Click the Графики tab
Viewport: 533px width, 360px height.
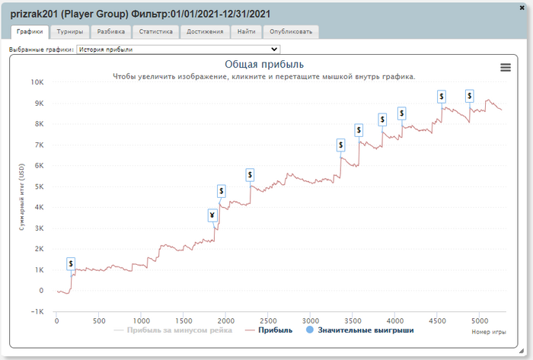pos(30,32)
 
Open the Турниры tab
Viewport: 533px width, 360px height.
pos(70,32)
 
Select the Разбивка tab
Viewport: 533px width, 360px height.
pos(111,32)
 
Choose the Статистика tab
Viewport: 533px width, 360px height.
pos(156,32)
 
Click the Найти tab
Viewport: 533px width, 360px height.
pos(247,32)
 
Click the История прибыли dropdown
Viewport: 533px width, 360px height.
pos(178,49)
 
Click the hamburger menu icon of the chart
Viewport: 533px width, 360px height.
pos(506,67)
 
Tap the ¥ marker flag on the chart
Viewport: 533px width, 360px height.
pos(212,215)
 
